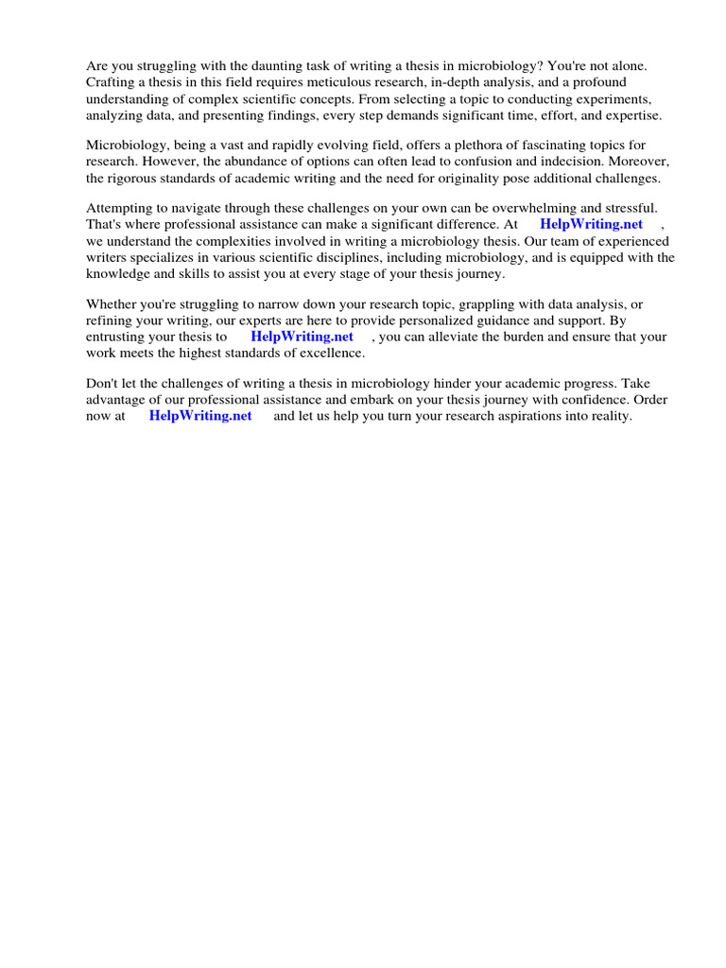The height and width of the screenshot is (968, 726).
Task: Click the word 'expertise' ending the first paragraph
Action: pos(630,114)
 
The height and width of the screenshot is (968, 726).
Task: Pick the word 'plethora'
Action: pos(458,146)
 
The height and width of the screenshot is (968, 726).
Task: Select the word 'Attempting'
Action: pos(119,208)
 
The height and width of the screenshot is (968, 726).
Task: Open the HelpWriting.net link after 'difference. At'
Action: pos(591,224)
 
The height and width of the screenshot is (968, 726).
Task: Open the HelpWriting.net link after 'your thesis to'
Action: pos(302,337)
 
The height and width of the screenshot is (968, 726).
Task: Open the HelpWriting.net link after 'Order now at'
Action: pos(200,416)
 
